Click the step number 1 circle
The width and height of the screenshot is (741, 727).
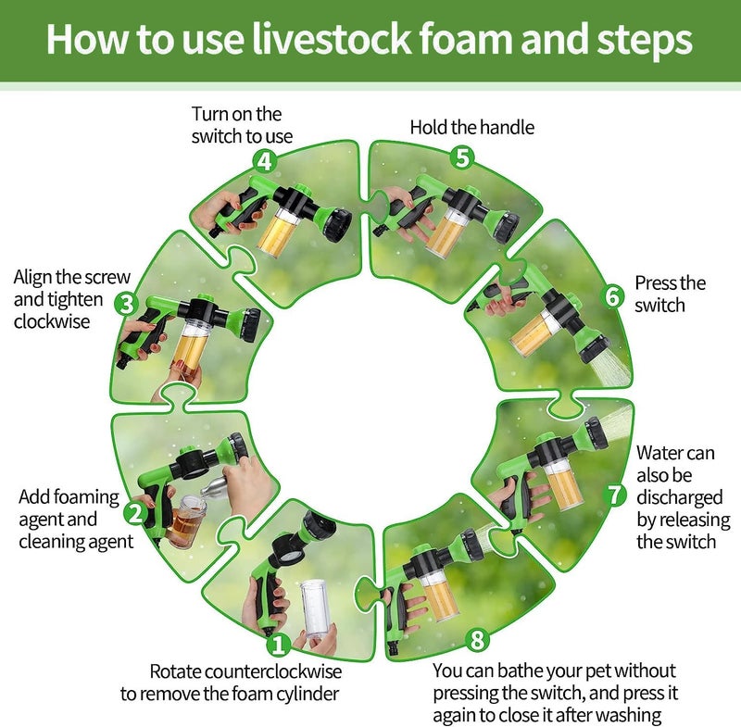[x=279, y=645]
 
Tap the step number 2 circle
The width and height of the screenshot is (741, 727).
[x=135, y=513]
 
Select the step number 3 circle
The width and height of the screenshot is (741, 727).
[x=127, y=304]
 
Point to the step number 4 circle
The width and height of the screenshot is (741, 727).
[x=265, y=161]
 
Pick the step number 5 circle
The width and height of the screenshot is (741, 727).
[x=462, y=157]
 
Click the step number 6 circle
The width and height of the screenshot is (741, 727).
[x=613, y=296]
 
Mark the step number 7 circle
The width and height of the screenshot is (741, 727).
[x=615, y=495]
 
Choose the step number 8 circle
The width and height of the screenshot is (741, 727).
[x=477, y=640]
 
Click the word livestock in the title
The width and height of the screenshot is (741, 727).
[x=332, y=39]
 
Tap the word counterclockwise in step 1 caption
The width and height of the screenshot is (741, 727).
[x=273, y=671]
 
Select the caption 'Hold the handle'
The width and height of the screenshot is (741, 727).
[x=472, y=128]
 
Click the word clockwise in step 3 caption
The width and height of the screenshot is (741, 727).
[x=52, y=321]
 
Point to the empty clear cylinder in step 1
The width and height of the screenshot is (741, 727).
[x=317, y=609]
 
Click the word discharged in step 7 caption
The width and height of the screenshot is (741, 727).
[x=680, y=497]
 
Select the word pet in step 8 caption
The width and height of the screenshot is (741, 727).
[x=597, y=671]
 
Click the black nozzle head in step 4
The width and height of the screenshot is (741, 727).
[x=337, y=221]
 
